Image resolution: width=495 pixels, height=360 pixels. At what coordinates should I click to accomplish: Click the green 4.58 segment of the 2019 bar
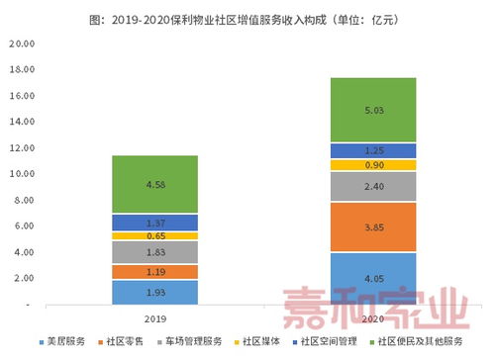(153, 185)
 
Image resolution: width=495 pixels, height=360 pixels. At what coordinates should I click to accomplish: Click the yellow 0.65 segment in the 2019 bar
(153, 236)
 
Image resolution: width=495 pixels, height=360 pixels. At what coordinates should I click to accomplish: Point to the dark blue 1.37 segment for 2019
(153, 224)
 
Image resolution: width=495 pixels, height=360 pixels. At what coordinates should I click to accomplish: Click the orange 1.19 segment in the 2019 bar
(153, 271)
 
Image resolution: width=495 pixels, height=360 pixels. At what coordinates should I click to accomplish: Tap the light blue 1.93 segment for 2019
(153, 292)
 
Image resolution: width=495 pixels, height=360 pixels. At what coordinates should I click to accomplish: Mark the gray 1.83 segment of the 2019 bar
(153, 252)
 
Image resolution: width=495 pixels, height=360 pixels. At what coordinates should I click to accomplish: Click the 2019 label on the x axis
(153, 319)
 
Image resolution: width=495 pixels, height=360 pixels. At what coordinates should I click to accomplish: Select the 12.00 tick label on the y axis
(20, 148)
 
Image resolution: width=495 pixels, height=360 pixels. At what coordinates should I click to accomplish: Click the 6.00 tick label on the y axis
(22, 226)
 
